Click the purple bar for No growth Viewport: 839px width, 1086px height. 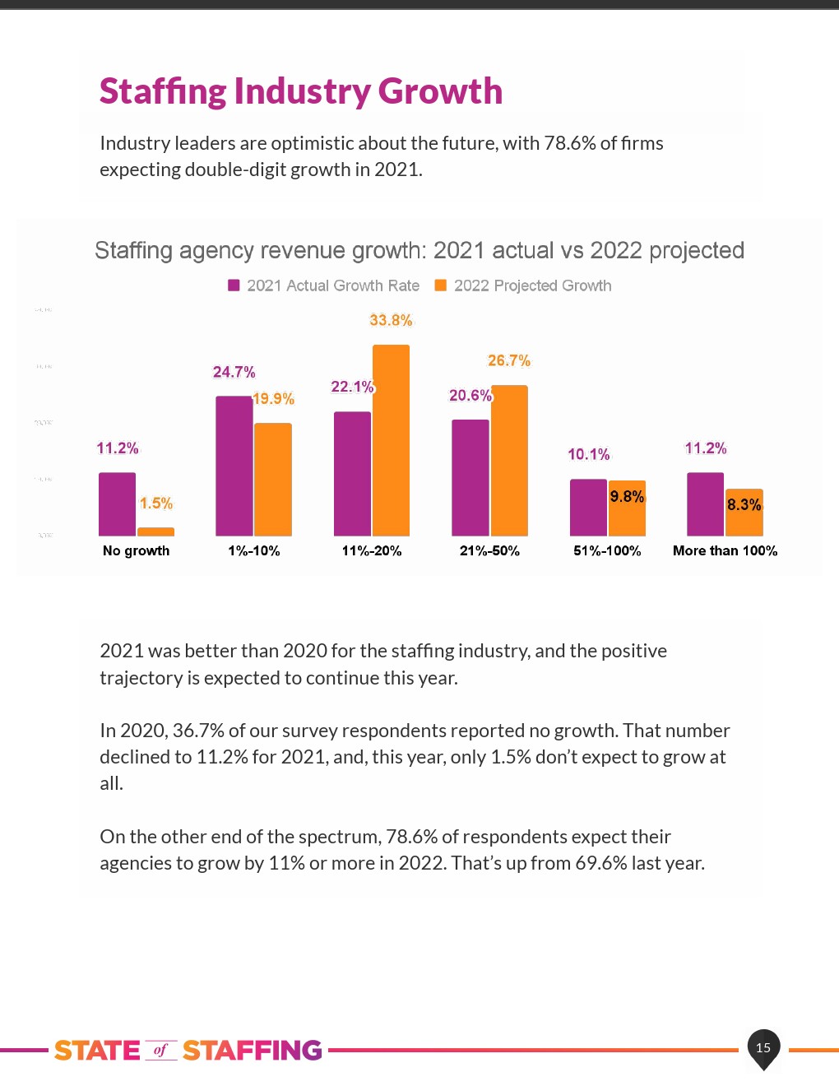tap(117, 504)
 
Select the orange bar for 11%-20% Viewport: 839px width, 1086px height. tap(391, 440)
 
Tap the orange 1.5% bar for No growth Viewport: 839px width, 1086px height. tap(155, 531)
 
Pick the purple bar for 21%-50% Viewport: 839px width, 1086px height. tap(470, 478)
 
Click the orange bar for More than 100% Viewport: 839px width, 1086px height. tap(744, 513)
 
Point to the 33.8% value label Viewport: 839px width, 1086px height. tap(392, 320)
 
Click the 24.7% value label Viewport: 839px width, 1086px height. tap(234, 372)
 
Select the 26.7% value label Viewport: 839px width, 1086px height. tap(509, 360)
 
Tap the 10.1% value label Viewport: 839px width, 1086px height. tap(589, 454)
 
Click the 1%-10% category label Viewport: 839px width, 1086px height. tap(254, 550)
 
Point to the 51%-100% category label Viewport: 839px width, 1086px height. tap(607, 550)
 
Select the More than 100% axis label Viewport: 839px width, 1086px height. tap(725, 550)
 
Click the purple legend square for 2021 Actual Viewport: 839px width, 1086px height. tap(234, 285)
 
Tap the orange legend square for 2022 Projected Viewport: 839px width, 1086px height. tap(441, 285)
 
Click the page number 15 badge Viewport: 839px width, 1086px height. tap(763, 1047)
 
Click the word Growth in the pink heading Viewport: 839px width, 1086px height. tap(440, 90)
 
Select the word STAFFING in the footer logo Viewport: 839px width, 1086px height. tap(252, 1051)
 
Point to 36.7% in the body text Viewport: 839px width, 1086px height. tap(197, 731)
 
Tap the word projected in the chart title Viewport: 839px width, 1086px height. tap(697, 250)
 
